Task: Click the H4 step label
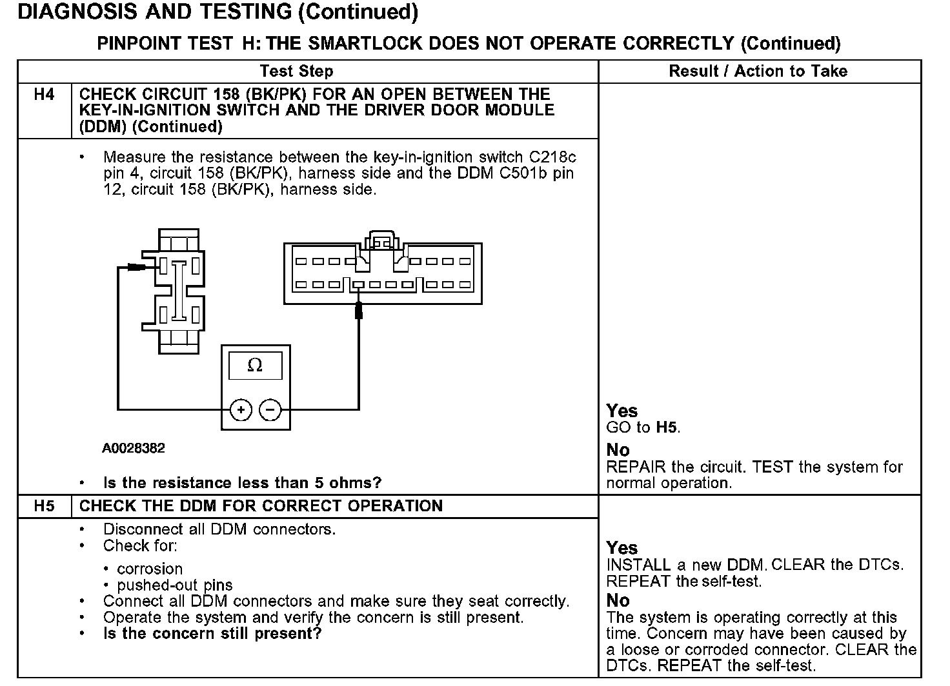44,95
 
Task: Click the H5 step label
44,506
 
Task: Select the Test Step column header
296,72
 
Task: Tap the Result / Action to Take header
758,72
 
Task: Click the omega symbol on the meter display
255,366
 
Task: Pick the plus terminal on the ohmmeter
241,410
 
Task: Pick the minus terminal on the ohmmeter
270,410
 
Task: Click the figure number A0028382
133,448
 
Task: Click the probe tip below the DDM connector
359,311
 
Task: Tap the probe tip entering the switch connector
137,267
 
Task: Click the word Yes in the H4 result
622,411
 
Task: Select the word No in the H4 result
618,450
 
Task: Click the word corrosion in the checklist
150,569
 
